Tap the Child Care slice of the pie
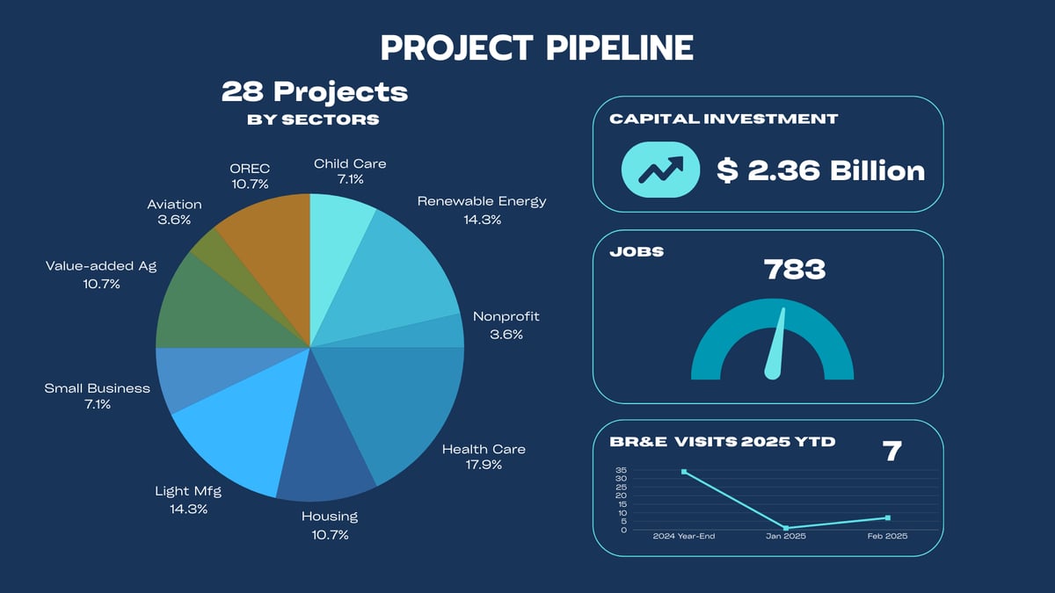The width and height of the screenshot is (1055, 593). [338, 237]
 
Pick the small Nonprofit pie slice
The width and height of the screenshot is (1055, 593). [444, 332]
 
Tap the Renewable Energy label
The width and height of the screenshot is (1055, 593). [482, 201]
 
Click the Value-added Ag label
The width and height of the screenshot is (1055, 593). [100, 265]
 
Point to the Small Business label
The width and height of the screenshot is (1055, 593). [97, 387]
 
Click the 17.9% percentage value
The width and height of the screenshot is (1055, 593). [484, 465]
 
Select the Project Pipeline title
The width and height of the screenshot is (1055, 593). [536, 47]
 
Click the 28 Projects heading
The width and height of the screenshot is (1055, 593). [314, 91]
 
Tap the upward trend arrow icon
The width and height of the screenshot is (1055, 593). [659, 169]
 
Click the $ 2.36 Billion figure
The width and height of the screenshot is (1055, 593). [819, 170]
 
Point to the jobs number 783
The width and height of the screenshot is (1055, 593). [795, 269]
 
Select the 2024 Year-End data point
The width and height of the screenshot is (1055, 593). [684, 472]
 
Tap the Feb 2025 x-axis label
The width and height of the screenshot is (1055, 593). [884, 536]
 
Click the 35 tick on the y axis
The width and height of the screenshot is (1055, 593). [622, 470]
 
